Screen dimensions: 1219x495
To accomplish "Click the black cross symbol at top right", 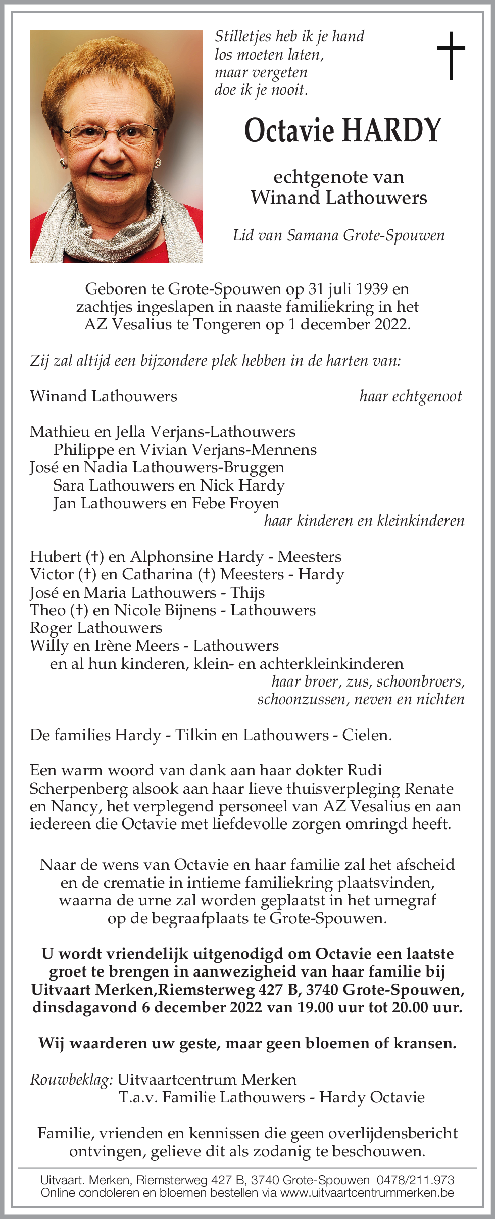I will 451,55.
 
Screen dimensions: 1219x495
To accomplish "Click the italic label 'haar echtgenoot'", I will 410,396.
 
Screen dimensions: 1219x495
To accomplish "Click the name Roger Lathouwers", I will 96,628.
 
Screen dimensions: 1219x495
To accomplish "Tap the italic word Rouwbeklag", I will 71,1080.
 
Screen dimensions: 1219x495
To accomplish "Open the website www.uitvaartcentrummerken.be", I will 367,1193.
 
